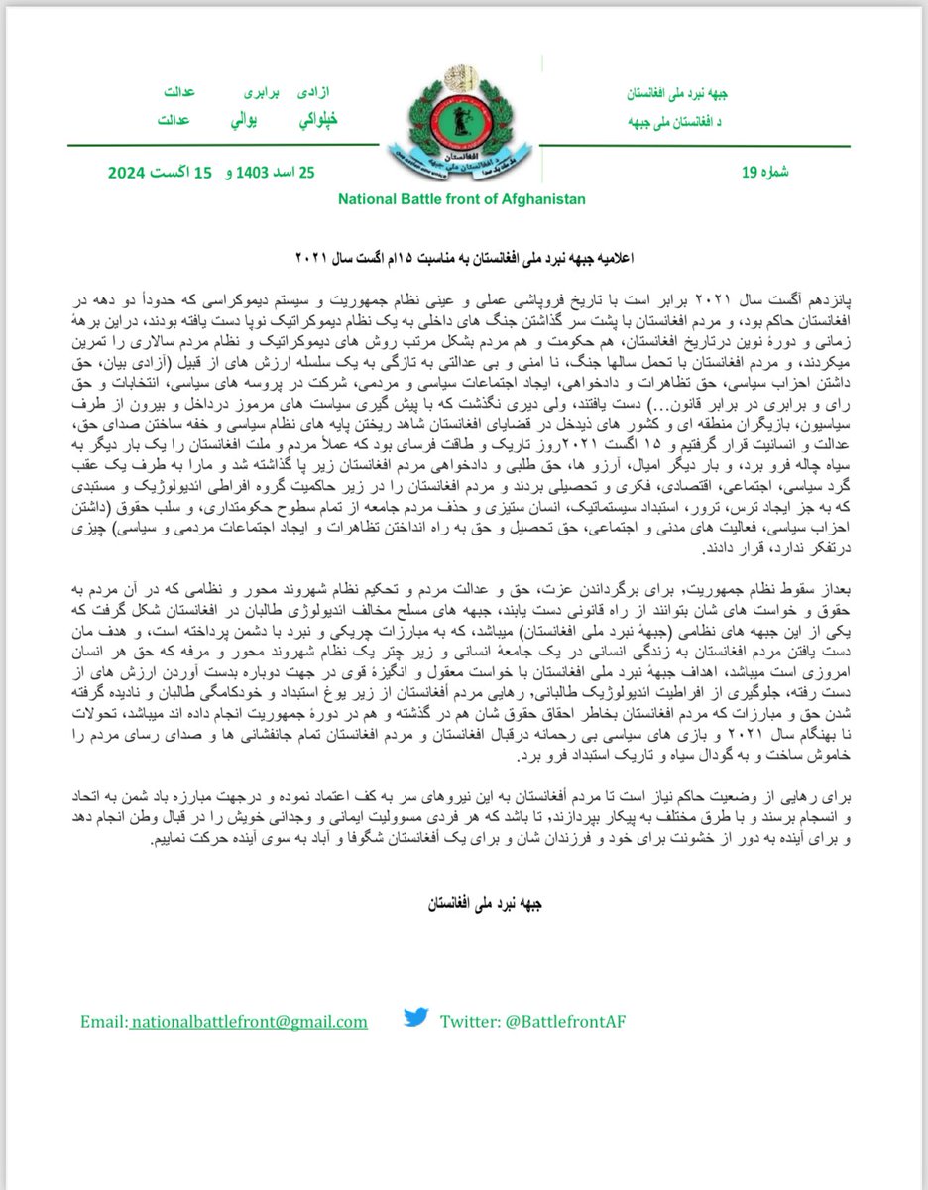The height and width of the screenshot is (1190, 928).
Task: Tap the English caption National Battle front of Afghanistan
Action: click(461, 199)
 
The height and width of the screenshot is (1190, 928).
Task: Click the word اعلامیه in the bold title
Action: click(612, 258)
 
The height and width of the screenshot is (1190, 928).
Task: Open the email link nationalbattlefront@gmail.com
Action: click(248, 1021)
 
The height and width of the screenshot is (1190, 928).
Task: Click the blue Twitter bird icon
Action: click(415, 1017)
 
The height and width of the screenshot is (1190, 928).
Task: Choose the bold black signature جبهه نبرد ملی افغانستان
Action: click(465, 904)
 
